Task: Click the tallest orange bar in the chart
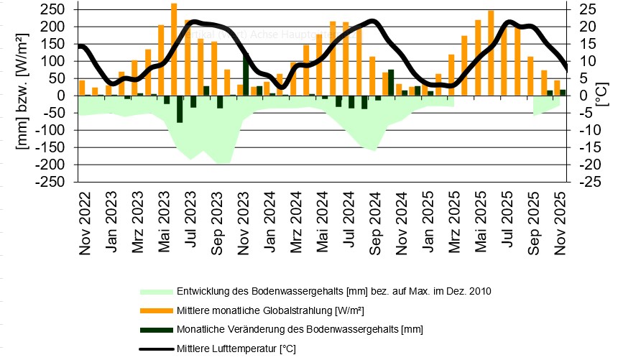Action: [174, 49]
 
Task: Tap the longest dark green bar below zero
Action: [180, 109]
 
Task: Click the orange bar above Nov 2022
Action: [82, 88]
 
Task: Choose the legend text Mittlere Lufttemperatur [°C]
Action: [236, 349]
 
